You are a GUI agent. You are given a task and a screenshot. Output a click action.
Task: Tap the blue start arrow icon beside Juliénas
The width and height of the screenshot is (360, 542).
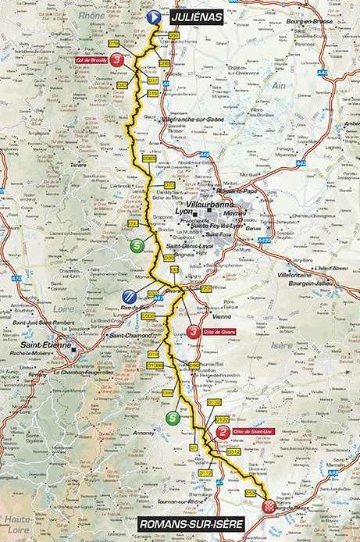[x=154, y=15]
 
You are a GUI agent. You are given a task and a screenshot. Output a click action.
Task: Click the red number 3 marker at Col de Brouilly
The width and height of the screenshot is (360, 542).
[x=118, y=59]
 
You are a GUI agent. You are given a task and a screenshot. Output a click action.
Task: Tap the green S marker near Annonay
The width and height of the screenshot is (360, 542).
[x=172, y=418]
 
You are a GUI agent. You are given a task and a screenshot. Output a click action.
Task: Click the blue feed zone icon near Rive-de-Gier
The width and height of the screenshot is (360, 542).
[x=130, y=295]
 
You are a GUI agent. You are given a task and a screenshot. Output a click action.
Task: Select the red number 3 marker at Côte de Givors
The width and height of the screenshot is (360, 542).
[x=194, y=333]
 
